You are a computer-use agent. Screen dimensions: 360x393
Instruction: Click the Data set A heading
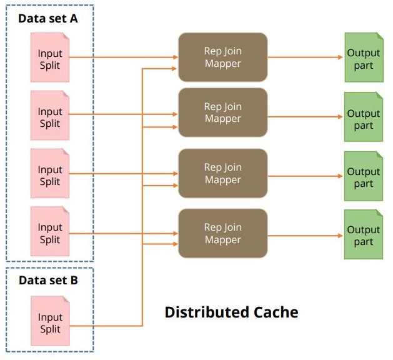coord(47,18)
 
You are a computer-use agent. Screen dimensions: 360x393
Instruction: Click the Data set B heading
coord(48,280)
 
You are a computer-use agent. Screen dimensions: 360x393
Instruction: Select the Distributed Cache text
coord(231,312)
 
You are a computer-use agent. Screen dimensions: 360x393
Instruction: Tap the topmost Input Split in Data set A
coord(50,57)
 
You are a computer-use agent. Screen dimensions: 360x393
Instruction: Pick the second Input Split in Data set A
coord(50,116)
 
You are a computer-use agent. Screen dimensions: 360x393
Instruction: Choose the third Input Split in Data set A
coord(50,175)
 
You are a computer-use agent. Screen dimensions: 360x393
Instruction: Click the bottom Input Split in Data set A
coord(50,233)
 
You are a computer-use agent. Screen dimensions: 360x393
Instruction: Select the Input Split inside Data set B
coord(50,322)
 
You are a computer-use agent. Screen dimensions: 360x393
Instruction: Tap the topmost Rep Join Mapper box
coord(222,57)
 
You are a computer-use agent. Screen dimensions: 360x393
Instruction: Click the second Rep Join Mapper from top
coord(222,112)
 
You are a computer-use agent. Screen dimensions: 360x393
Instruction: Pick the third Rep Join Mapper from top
coord(222,173)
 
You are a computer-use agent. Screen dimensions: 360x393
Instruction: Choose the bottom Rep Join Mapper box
coord(222,233)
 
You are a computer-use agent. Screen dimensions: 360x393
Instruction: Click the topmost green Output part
coord(364,58)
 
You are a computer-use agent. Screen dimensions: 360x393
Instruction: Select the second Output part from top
coord(364,118)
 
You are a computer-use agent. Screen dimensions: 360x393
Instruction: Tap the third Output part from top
coord(364,177)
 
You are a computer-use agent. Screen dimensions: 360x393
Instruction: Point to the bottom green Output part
coord(364,235)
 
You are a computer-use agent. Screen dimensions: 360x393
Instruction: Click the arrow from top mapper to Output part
coord(306,57)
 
